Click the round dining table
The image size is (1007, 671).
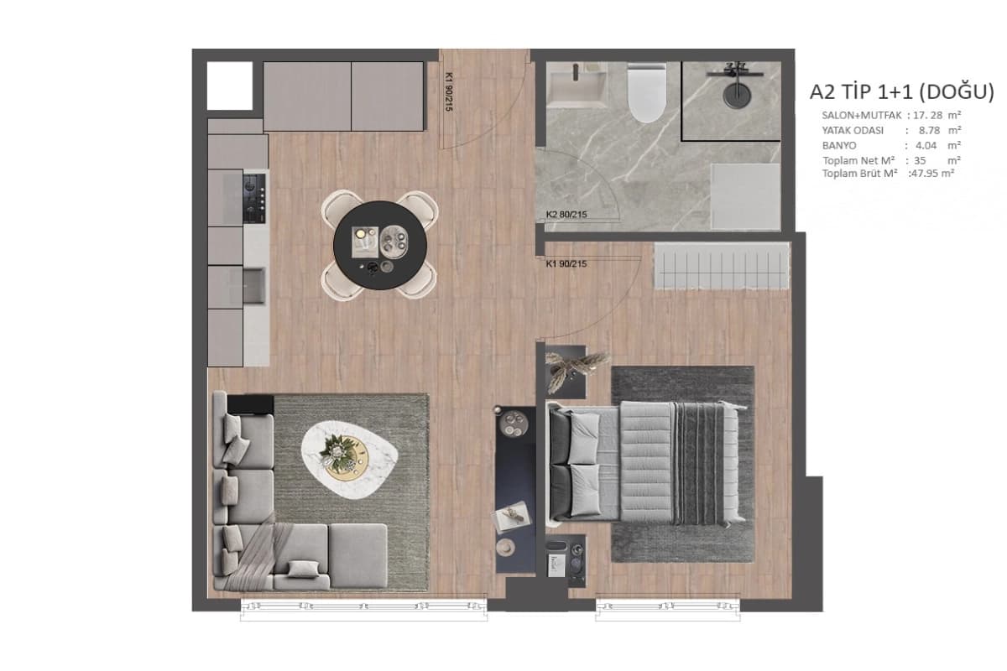click(x=380, y=245)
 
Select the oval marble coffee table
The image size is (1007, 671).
click(x=349, y=460)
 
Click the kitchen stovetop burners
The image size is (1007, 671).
click(x=254, y=198)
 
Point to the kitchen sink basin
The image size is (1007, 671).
click(x=254, y=286)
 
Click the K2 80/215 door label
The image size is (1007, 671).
click(x=566, y=215)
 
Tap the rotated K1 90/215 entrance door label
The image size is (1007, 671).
click(x=449, y=92)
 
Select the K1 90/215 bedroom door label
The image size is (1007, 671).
click(x=566, y=264)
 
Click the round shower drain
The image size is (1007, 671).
click(x=737, y=95)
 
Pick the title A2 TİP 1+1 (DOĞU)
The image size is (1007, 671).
click(x=902, y=91)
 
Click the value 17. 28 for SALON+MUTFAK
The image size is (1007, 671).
click(x=927, y=115)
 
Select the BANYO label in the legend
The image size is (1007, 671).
click(x=839, y=146)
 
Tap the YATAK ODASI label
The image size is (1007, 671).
click(x=853, y=130)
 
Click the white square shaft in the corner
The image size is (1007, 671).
click(x=230, y=86)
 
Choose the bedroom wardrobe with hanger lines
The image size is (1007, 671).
click(x=722, y=266)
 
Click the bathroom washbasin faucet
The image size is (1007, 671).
click(x=575, y=72)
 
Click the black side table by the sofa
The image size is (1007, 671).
click(x=250, y=404)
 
